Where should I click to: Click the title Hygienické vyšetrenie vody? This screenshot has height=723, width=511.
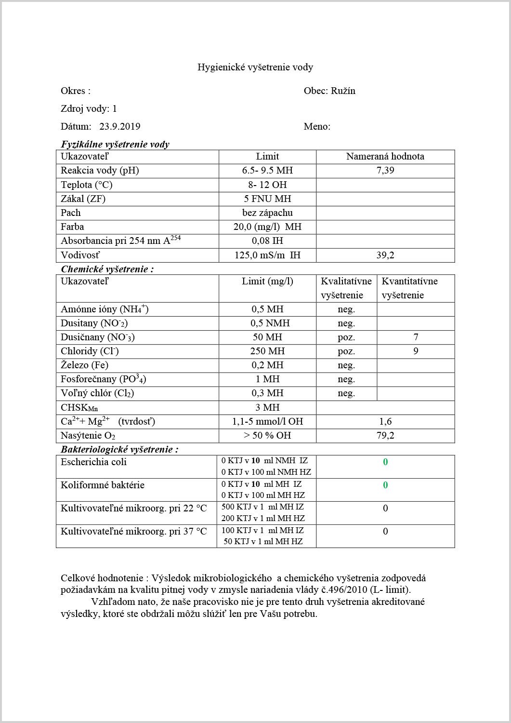[x=255, y=67]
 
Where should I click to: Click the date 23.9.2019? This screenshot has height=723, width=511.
[x=120, y=127]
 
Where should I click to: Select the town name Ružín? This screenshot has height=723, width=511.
[x=343, y=91]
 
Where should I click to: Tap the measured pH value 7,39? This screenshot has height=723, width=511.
[x=385, y=170]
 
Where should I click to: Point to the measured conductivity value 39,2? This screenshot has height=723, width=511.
[x=385, y=255]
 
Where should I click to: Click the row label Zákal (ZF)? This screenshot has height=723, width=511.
[x=83, y=199]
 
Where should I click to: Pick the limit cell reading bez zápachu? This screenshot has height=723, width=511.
[x=267, y=213]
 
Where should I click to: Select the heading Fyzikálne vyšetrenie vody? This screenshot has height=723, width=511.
[x=115, y=144]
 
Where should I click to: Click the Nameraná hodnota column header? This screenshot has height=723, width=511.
[x=385, y=156]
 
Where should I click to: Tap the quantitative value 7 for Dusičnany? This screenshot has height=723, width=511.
[x=416, y=337]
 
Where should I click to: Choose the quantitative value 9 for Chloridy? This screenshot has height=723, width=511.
[x=416, y=351]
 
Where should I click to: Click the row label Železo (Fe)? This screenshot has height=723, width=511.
[x=84, y=365]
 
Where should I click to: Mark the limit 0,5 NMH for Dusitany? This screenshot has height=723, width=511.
[x=267, y=323]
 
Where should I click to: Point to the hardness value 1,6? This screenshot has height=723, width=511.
[x=385, y=421]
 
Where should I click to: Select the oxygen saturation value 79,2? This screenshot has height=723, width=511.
[x=385, y=435]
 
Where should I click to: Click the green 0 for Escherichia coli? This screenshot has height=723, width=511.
[x=385, y=462]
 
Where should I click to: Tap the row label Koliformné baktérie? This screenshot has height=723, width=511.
[x=102, y=485]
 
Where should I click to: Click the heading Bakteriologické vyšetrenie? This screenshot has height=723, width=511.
[x=119, y=449]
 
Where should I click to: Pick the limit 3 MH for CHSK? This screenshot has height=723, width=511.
[x=267, y=407]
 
